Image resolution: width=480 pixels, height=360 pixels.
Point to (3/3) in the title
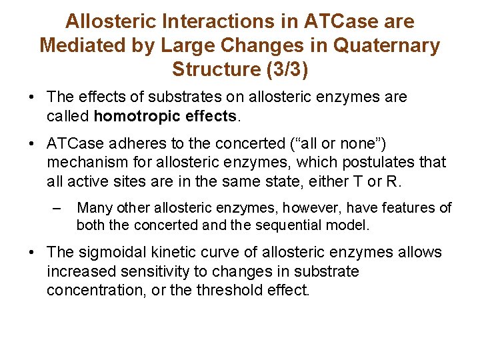283,69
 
